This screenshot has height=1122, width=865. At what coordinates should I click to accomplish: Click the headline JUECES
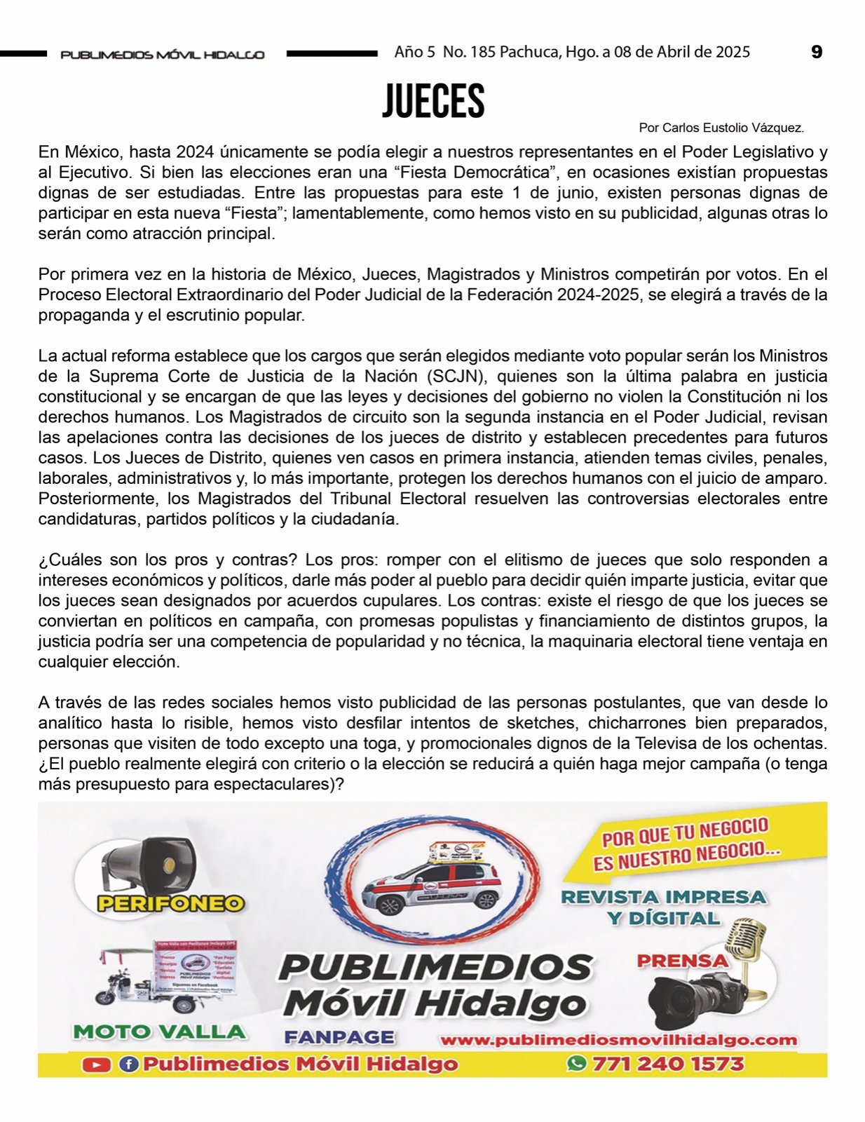[433, 102]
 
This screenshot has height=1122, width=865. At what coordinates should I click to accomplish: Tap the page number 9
[817, 52]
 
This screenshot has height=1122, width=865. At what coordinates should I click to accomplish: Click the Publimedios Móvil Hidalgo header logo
[163, 54]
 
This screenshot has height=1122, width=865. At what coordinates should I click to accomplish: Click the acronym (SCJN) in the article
[455, 376]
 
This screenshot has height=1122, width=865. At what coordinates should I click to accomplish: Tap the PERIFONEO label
[170, 903]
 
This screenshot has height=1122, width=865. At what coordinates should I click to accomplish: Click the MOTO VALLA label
[159, 1032]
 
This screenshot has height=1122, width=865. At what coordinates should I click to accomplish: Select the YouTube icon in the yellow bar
[96, 1064]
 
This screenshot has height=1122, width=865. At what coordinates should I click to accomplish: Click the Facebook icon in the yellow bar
[128, 1064]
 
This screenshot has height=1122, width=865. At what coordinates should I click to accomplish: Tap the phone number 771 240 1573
[667, 1064]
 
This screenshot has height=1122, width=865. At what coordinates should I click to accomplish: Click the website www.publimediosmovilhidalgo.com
[618, 1040]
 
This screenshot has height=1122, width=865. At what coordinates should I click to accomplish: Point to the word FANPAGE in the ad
[339, 1037]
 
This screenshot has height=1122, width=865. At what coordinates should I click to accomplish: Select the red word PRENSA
[682, 961]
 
